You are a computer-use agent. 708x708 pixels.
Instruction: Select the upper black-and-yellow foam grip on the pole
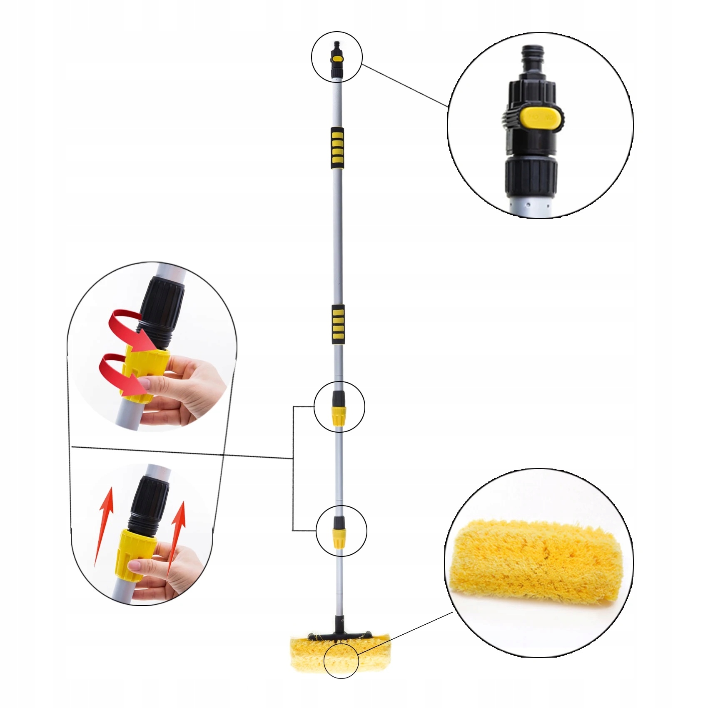pos(337,148)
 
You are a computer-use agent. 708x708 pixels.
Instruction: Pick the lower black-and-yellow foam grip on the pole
pos(338,324)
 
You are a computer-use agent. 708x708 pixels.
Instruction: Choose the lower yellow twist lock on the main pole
pos(339,539)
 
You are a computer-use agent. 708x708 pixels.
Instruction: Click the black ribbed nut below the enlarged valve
pos(531,177)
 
